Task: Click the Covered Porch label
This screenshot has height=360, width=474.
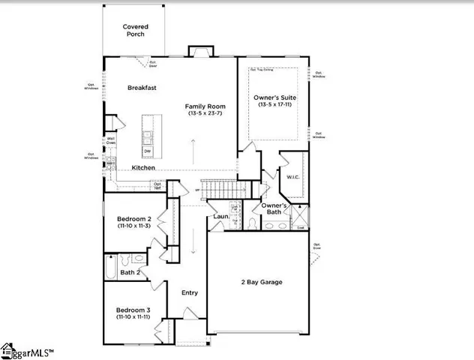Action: pos(136,31)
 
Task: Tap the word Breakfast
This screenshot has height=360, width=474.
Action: pos(142,88)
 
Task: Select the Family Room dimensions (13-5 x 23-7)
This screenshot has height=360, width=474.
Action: pos(205,114)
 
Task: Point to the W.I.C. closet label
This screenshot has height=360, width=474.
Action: pos(292,178)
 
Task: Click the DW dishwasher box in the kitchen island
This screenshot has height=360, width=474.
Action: pos(148,151)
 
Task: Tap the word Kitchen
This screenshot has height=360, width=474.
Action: pos(143,167)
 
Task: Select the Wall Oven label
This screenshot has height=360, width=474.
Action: pos(111,140)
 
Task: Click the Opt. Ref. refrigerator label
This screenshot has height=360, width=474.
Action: pos(157,184)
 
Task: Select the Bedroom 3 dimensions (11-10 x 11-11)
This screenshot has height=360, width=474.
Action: pos(133,317)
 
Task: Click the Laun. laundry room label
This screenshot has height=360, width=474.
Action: pos(220,217)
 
